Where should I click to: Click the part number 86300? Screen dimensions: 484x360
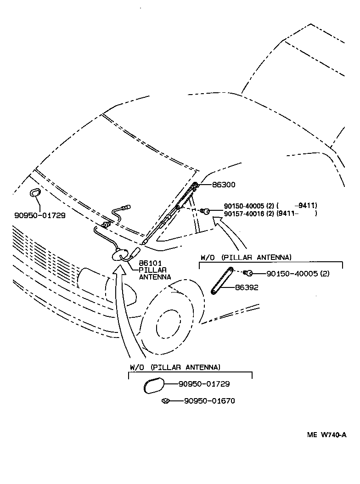pyautogui.click(x=223, y=185)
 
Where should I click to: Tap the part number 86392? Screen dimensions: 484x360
pyautogui.click(x=247, y=287)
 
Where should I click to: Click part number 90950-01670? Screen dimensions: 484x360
pyautogui.click(x=209, y=401)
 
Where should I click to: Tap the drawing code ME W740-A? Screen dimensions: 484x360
pyautogui.click(x=326, y=435)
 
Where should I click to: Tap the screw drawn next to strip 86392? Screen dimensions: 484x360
pyautogui.click(x=248, y=273)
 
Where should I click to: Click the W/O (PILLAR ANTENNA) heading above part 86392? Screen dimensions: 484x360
pyautogui.click(x=246, y=257)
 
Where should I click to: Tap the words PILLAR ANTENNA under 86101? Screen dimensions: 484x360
pyautogui.click(x=155, y=274)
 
